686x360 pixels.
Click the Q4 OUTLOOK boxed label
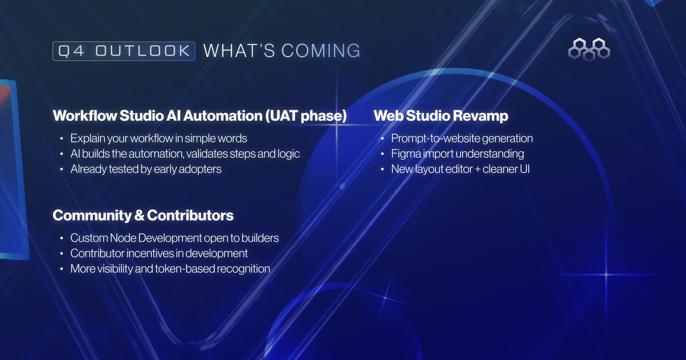click(123, 51)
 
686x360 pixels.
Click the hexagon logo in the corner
click(589, 49)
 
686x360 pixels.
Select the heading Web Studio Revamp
click(441, 116)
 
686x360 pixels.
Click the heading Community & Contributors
click(143, 215)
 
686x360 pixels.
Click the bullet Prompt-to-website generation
click(462, 139)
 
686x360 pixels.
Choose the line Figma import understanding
click(457, 154)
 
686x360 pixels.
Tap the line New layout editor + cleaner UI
click(460, 169)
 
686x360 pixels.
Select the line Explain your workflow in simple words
click(159, 139)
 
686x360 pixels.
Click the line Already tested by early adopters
click(146, 169)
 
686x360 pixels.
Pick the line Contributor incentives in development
click(159, 253)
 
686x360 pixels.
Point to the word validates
click(213, 154)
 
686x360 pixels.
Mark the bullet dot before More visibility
click(61, 269)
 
